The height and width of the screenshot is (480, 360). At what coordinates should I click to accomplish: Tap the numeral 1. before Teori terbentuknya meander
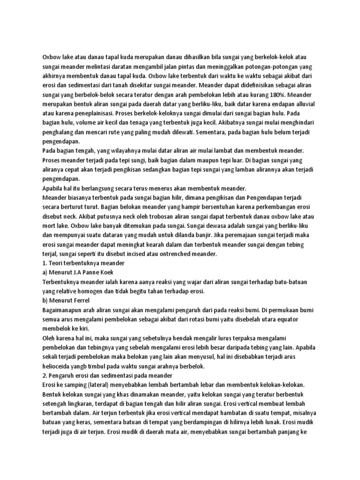click(45, 263)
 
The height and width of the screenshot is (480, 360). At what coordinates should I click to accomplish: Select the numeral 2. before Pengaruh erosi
click(45, 375)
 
